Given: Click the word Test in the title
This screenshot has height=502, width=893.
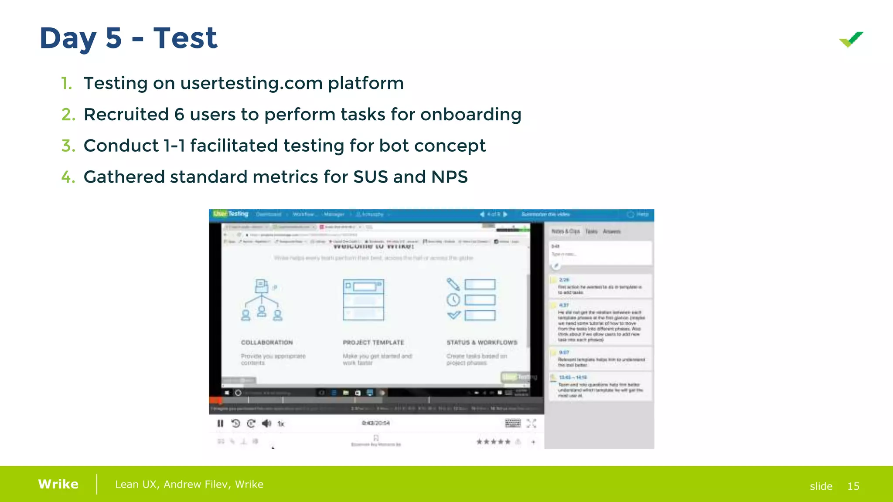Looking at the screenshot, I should pos(185,38).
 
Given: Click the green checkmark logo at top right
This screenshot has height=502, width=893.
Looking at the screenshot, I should pos(851,40).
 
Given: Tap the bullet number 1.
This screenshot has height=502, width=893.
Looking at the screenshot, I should pos(66,83).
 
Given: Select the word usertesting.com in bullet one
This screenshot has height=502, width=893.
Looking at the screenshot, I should pos(251,83).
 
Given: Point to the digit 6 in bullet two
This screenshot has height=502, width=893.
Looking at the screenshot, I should pos(179,115).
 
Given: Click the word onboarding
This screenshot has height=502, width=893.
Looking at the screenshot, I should pos(470,115).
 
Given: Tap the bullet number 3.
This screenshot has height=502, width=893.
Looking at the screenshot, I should pos(68,146).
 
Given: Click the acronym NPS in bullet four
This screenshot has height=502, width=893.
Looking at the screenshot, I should pos(449,177).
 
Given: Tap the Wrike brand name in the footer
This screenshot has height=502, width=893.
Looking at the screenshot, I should pos(58,484).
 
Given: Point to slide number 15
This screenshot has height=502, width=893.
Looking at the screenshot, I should pos(853,486).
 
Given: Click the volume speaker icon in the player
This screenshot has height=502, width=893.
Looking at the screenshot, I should pos(266,424).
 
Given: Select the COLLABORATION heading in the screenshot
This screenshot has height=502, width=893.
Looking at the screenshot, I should pos(267,343).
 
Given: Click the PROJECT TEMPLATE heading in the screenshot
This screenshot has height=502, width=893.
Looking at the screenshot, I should pos(373,343).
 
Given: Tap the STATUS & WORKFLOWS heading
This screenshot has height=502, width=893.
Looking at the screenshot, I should pos(482,343).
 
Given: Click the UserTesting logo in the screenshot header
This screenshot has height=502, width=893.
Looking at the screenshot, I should pos(231,214).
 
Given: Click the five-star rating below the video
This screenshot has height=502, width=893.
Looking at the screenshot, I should pos(493,442).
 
